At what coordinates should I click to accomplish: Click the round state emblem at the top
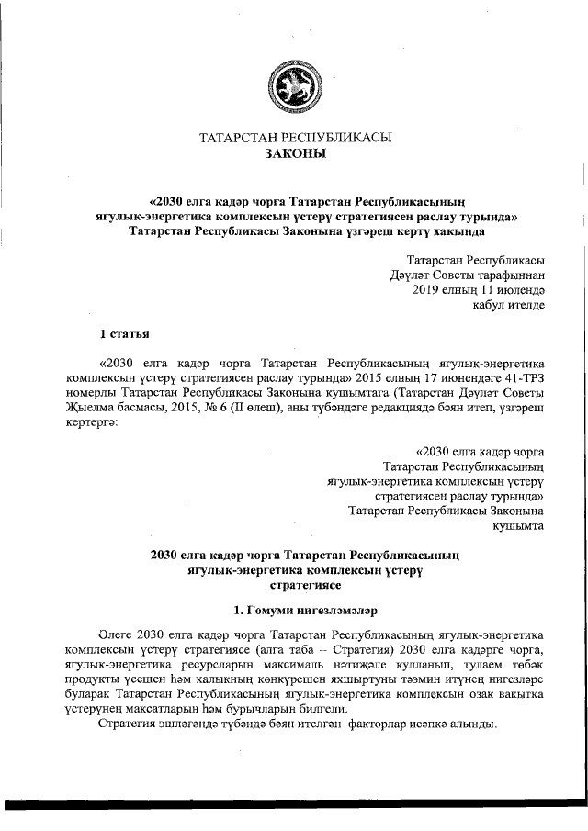click(x=295, y=80)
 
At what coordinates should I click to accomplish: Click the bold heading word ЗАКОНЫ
click(x=295, y=154)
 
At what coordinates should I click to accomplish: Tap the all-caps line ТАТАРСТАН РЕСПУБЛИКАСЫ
click(x=295, y=138)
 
